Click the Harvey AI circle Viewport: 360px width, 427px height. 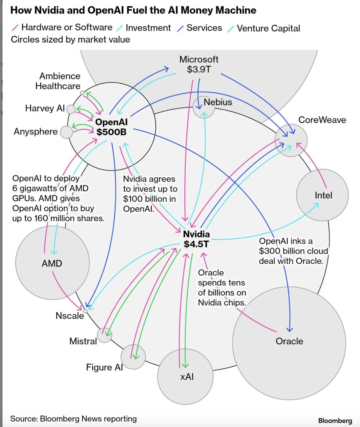71,109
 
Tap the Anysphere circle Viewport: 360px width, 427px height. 66,132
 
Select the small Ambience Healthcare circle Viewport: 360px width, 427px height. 82,93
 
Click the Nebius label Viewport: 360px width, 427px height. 218,102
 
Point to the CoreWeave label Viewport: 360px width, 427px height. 322,120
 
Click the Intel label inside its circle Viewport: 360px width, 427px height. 323,195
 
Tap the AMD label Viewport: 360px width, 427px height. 52,263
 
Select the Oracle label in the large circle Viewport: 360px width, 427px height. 289,341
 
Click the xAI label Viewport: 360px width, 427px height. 187,377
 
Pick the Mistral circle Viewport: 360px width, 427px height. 104,335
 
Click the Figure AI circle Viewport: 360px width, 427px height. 133,357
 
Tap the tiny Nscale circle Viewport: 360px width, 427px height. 85,311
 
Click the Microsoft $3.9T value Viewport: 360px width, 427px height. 199,69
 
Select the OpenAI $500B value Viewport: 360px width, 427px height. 111,132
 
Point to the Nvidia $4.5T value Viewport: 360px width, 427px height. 196,244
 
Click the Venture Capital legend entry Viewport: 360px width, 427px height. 268,28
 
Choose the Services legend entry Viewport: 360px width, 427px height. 204,28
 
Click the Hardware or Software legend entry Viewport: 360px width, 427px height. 66,27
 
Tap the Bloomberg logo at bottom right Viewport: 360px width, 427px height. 335,421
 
